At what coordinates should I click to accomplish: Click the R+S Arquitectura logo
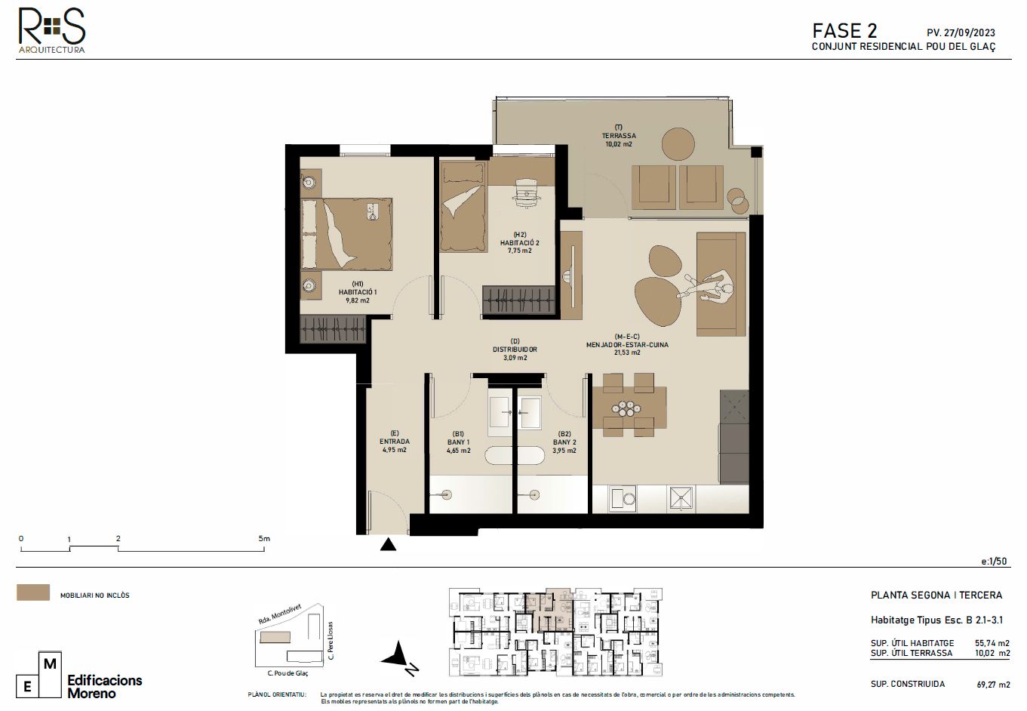coord(51,30)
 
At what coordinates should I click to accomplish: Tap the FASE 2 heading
coord(844,31)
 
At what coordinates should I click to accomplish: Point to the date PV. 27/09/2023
coord(960,32)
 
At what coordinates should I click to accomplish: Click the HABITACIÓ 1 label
coord(353,292)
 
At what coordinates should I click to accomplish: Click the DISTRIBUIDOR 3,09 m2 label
coord(515,349)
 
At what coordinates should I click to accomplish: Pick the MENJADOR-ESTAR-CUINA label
coord(626,345)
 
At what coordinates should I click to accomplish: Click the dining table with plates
coord(629,408)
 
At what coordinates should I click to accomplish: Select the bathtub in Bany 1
coord(513,455)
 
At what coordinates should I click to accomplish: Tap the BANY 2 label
coord(564,442)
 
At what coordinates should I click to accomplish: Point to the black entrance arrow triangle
coord(388,544)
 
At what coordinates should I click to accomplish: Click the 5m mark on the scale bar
coord(263,539)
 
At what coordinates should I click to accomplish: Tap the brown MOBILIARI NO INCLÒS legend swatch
coord(33,592)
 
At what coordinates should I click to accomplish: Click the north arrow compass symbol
coord(399,657)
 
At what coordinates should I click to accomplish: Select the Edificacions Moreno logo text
coord(104,686)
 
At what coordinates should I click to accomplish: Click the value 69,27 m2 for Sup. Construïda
coord(992,685)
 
